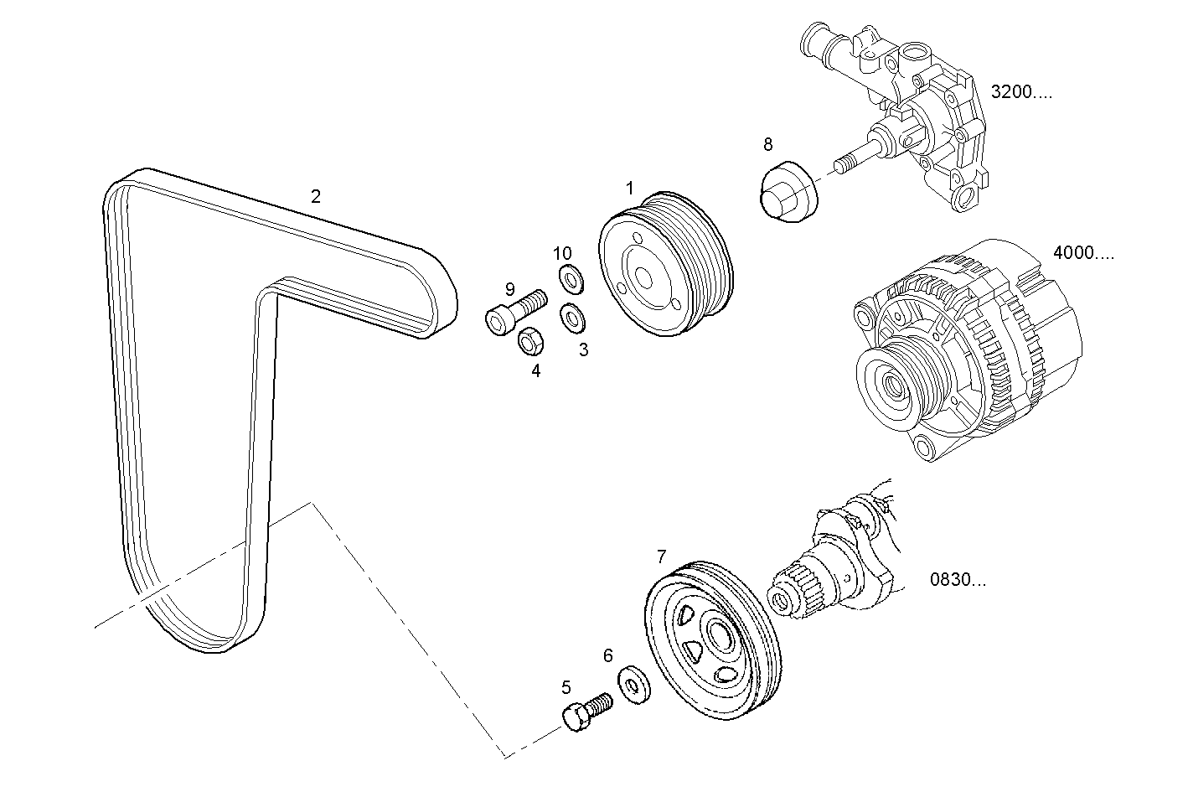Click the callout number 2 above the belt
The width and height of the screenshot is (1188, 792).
[315, 197]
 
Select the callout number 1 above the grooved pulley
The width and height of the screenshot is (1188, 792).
[629, 189]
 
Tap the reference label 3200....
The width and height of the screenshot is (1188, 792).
[1020, 92]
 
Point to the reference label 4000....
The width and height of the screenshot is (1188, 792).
[1082, 253]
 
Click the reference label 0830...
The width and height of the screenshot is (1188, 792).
[958, 579]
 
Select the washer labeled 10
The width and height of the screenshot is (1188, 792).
[571, 275]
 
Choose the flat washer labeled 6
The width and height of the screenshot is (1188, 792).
[635, 686]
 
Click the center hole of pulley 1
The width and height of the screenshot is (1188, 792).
[643, 276]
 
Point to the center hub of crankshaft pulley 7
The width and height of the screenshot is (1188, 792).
[719, 636]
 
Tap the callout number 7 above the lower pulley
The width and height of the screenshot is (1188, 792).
[661, 556]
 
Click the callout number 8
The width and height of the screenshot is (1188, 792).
[767, 144]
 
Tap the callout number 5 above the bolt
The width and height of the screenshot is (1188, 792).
[566, 688]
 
